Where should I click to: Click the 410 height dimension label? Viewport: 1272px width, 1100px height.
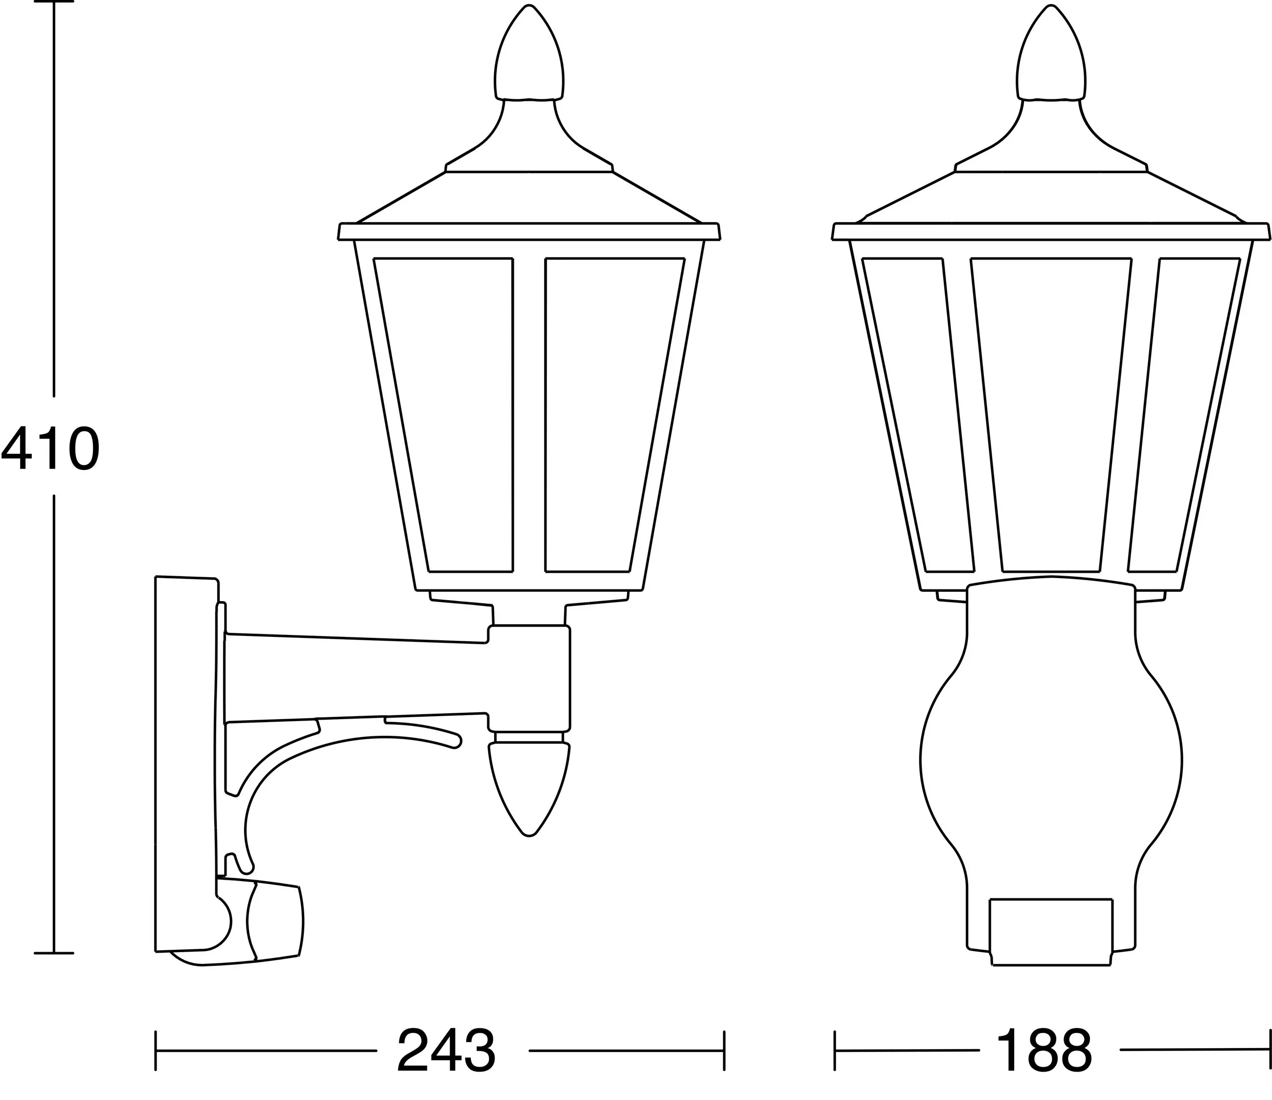50,448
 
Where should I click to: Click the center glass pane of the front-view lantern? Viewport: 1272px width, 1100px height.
1051,415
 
